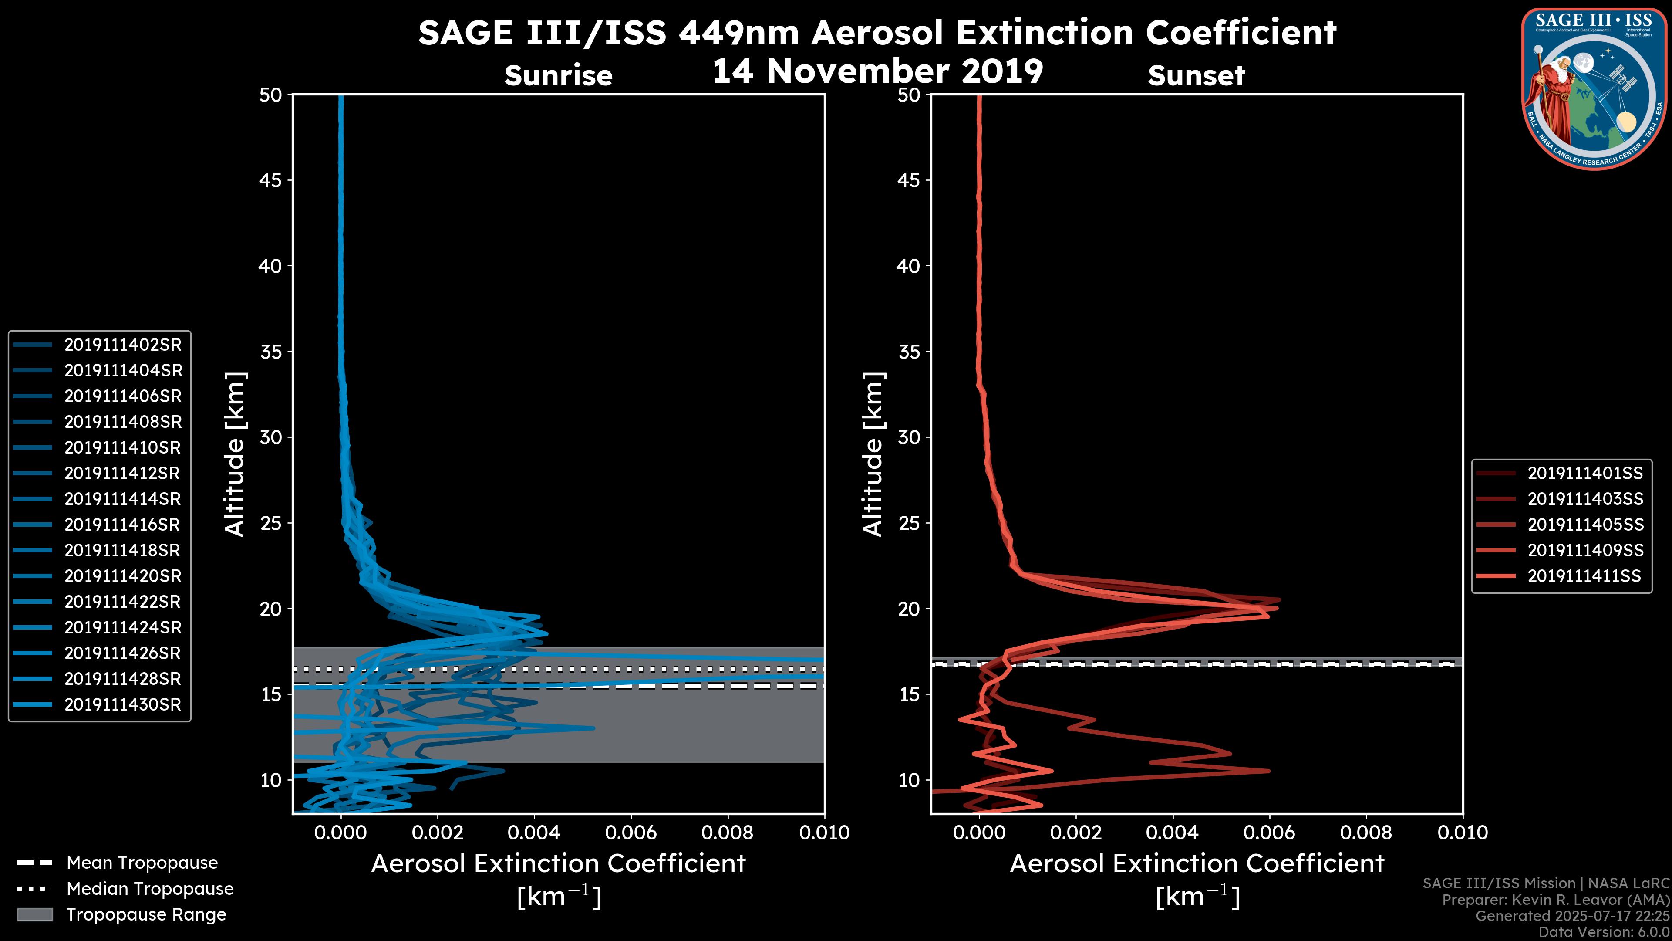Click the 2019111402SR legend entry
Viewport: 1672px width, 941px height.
(123, 345)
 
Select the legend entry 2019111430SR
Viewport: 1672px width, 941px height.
(123, 704)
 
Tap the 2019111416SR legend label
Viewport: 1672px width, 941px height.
(123, 525)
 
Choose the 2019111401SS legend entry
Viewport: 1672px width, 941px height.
(1585, 474)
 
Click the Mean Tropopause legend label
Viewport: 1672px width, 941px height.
(142, 863)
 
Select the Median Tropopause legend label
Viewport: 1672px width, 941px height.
(150, 889)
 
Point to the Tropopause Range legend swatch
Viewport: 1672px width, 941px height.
(34, 915)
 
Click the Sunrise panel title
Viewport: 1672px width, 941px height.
(558, 76)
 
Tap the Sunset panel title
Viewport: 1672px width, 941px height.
(1196, 76)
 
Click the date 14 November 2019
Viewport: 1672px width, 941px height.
(877, 71)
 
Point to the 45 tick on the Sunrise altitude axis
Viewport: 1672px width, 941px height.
(271, 180)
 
